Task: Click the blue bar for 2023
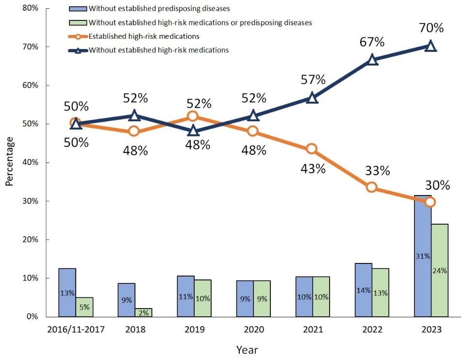coord(423,272)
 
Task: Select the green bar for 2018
coord(144,312)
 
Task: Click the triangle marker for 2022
coord(372,60)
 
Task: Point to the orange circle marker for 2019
coord(193,116)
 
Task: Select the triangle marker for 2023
coord(431,47)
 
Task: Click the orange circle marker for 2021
coord(312,148)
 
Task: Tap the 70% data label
coord(431,28)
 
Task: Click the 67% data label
coord(372,42)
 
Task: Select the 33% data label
coord(378,171)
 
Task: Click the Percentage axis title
coord(10,161)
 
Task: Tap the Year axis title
coord(247,350)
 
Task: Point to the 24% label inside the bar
coord(440,271)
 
